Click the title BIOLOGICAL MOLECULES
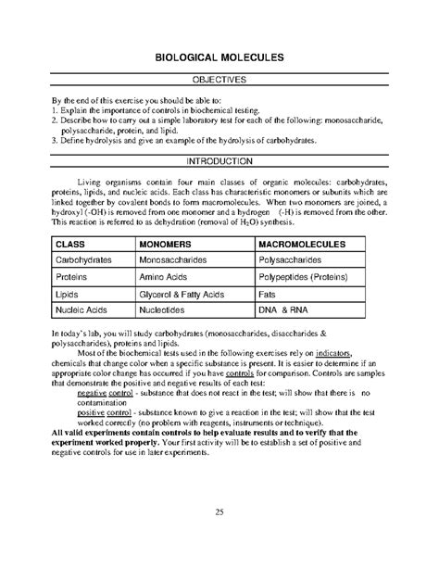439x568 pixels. pyautogui.click(x=219, y=57)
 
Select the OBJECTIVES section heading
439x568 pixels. pyautogui.click(x=219, y=81)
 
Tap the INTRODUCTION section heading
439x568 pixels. pyautogui.click(x=219, y=160)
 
